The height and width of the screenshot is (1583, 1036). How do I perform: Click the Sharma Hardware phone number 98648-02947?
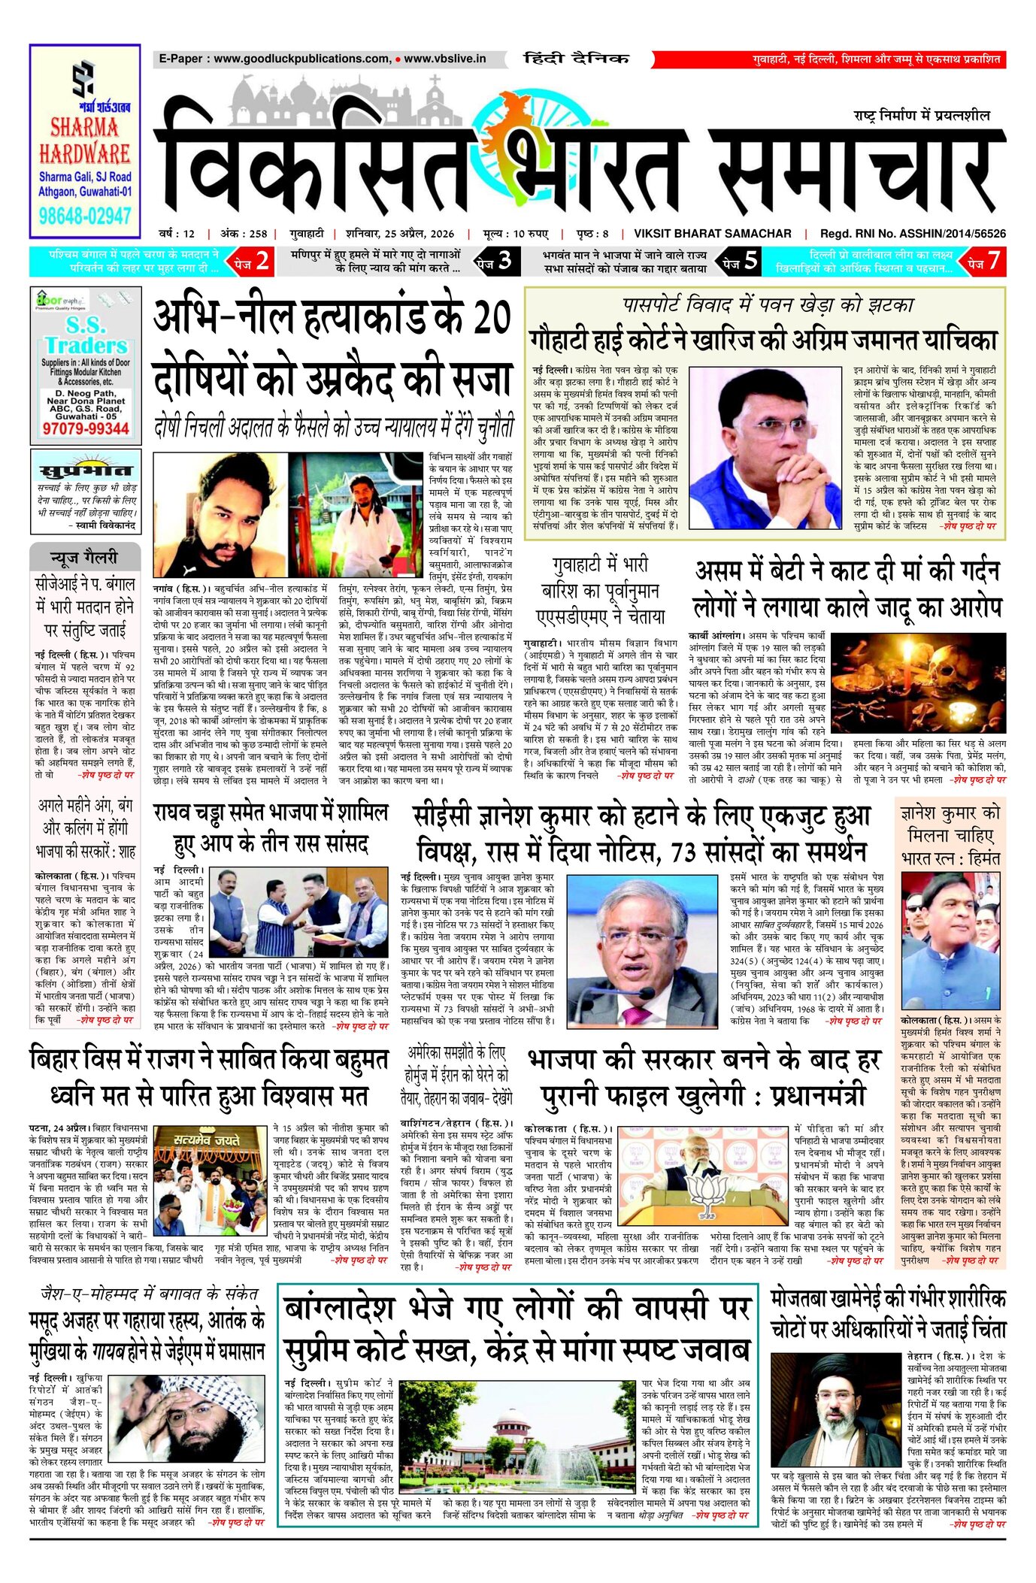[85, 217]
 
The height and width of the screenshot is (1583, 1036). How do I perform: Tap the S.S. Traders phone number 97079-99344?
[86, 428]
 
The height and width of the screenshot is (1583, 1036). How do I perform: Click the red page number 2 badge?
[252, 261]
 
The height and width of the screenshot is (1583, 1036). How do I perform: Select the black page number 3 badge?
[495, 261]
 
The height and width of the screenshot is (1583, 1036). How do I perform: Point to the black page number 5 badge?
[741, 261]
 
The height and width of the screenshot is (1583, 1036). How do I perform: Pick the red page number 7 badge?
[984, 261]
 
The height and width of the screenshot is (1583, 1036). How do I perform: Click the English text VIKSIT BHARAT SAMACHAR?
[712, 234]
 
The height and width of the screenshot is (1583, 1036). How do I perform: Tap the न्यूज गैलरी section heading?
[84, 558]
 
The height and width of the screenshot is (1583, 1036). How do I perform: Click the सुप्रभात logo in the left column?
[85, 471]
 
